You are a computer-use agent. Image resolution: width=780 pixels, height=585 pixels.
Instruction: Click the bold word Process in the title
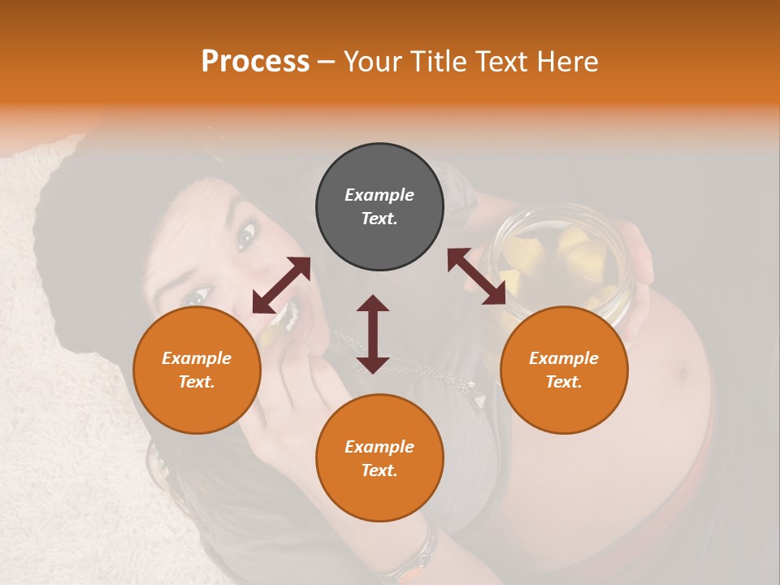[x=255, y=62]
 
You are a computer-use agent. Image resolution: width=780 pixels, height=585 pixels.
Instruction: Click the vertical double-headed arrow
[x=373, y=334]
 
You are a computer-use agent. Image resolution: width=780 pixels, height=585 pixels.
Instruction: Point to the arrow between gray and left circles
[x=281, y=285]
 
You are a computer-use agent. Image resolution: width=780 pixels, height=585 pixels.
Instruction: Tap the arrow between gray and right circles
[x=476, y=276]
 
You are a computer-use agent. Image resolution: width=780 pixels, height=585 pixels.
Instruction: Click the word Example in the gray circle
[x=379, y=195]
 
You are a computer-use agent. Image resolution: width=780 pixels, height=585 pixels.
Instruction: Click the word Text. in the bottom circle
[x=379, y=470]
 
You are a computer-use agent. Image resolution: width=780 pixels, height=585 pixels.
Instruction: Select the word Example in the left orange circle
[x=197, y=358]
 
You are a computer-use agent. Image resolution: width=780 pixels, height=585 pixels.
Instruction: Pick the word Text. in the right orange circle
[x=564, y=382]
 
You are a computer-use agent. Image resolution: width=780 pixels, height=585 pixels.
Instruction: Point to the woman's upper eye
[x=246, y=235]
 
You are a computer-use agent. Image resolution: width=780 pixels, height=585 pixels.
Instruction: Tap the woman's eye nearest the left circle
[x=195, y=297]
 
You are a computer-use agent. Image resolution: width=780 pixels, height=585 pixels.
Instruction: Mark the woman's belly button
[x=681, y=374]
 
